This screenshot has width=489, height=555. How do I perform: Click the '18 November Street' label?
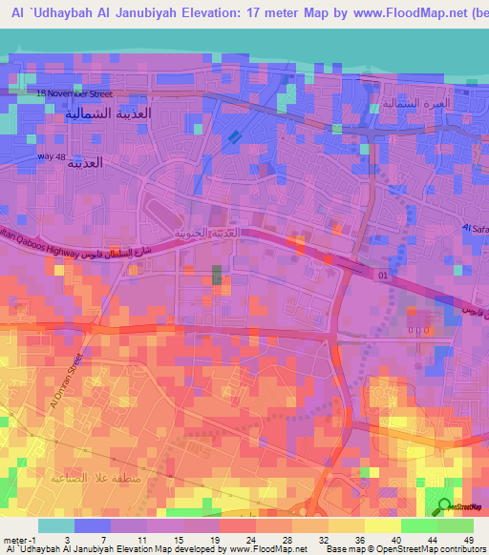74,94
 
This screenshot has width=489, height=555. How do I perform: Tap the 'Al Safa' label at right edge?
474,228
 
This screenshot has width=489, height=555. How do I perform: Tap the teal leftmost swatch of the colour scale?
56,525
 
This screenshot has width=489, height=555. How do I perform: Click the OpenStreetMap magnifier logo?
444,506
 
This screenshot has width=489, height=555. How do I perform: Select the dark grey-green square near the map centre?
216,276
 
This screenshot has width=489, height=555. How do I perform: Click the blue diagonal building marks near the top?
232,138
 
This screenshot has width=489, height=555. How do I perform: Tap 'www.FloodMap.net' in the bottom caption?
270,549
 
